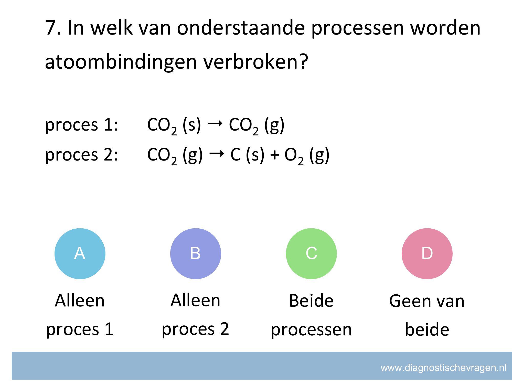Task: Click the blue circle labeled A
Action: (80, 253)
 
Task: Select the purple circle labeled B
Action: (196, 253)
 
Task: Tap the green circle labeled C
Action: (311, 253)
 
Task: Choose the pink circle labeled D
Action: (427, 253)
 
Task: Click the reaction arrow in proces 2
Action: (216, 154)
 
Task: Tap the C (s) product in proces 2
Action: (247, 155)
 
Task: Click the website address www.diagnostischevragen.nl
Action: (443, 368)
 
